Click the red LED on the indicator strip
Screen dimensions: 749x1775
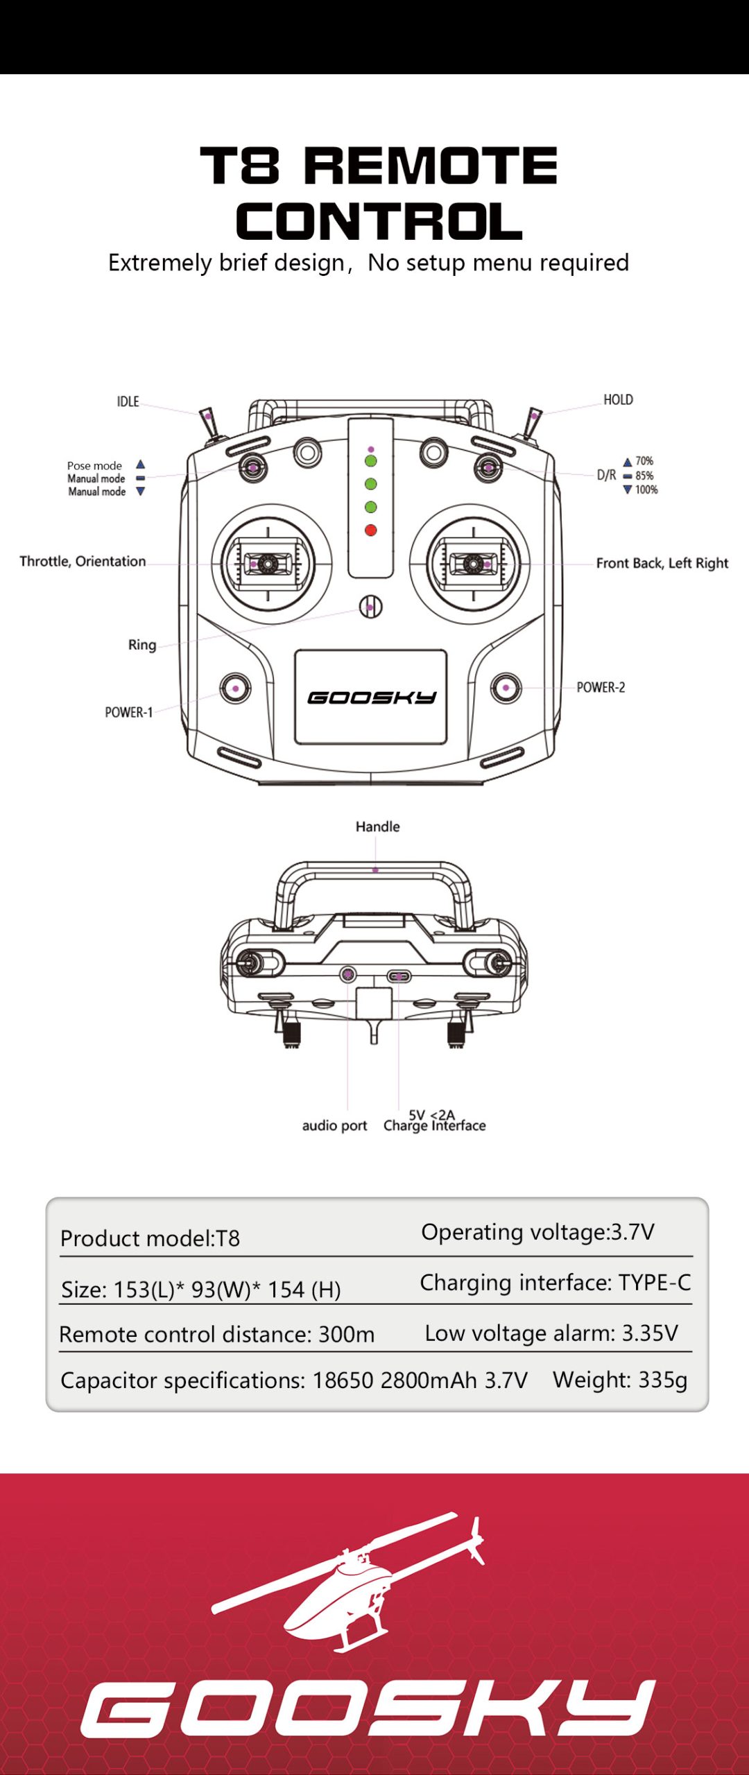(371, 530)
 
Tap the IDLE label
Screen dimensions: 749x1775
(128, 401)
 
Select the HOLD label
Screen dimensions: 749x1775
(618, 400)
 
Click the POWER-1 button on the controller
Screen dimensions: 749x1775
(236, 689)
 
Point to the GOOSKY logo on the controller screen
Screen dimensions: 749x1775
(372, 698)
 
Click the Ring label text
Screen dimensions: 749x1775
(142, 645)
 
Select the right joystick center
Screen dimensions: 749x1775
(473, 564)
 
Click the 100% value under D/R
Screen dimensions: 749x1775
(646, 490)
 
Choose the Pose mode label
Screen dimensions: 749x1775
(94, 466)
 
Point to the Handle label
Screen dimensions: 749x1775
(377, 826)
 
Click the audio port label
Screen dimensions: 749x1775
(334, 1125)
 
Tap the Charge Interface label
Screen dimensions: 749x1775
(435, 1126)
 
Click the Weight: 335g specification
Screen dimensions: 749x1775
(620, 1380)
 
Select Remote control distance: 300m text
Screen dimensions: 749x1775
(217, 1334)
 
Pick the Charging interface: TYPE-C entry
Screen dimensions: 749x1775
(556, 1283)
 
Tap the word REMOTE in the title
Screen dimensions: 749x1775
(431, 166)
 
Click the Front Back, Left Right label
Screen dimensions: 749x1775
(662, 563)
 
